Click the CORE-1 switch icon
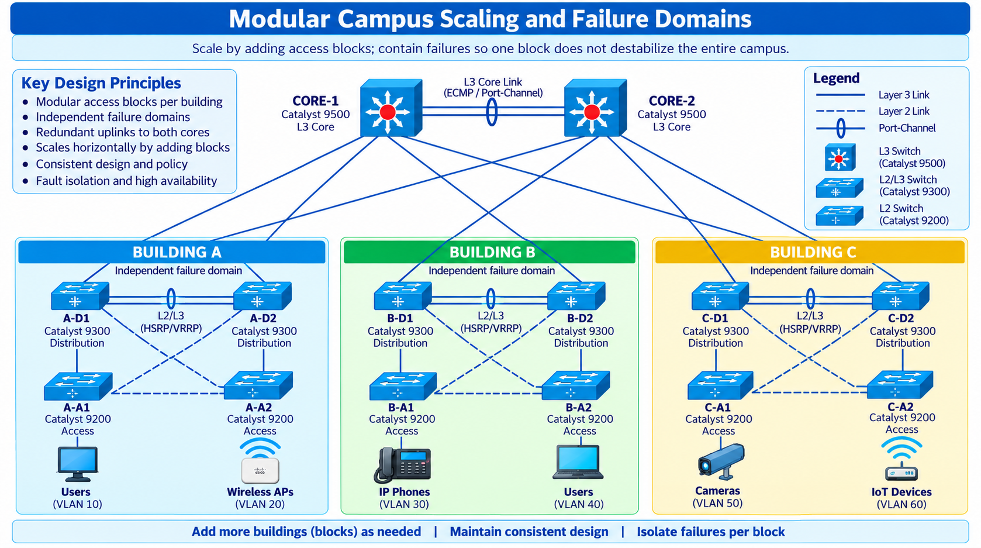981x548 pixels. click(x=391, y=108)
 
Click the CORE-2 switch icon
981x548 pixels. click(x=595, y=108)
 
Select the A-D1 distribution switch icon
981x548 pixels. click(x=80, y=296)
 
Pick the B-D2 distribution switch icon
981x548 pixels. click(x=576, y=296)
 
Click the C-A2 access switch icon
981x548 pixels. click(x=900, y=385)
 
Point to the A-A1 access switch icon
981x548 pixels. click(x=78, y=386)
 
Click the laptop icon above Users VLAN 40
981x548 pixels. click(x=578, y=463)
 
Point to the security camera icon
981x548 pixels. click(x=720, y=461)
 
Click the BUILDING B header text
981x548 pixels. click(x=492, y=252)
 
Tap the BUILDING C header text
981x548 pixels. click(x=813, y=252)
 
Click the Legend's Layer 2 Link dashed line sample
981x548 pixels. click(x=841, y=111)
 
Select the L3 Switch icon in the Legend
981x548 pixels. click(x=840, y=157)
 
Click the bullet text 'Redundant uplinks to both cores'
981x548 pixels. click(x=123, y=132)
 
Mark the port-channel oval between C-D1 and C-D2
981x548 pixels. click(x=811, y=298)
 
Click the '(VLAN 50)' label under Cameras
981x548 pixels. click(x=717, y=504)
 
